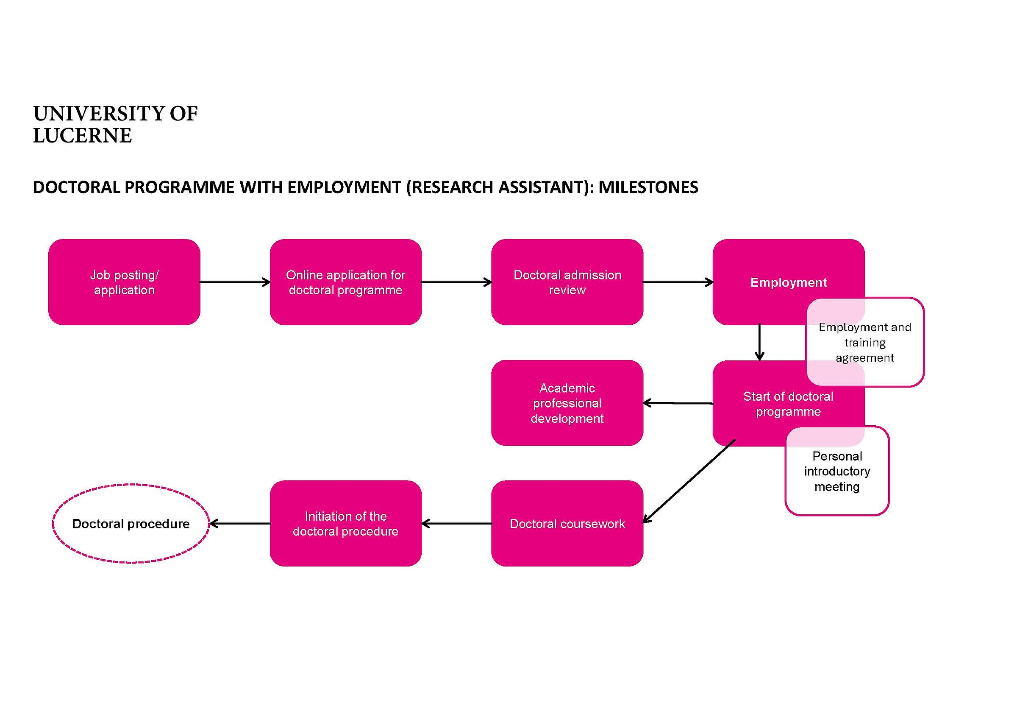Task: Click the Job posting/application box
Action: (124, 282)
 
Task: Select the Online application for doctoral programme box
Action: (345, 282)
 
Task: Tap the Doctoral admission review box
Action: (567, 282)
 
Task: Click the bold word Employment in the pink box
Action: (789, 282)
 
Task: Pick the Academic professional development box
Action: (567, 402)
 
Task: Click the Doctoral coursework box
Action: (567, 523)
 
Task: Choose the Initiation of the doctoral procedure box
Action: (345, 523)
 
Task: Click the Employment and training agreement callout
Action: (865, 342)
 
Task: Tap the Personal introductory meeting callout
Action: (837, 471)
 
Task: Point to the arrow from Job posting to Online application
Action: (235, 282)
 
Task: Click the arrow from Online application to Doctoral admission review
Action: (457, 282)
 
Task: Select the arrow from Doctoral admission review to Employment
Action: (678, 282)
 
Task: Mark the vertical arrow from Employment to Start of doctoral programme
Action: (760, 342)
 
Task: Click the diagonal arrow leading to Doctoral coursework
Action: (689, 481)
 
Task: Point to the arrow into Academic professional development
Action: (678, 403)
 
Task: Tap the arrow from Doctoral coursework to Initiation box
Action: (457, 524)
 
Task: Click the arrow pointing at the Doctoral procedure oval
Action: (240, 524)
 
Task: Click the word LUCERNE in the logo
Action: (82, 135)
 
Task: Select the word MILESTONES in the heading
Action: (648, 187)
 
